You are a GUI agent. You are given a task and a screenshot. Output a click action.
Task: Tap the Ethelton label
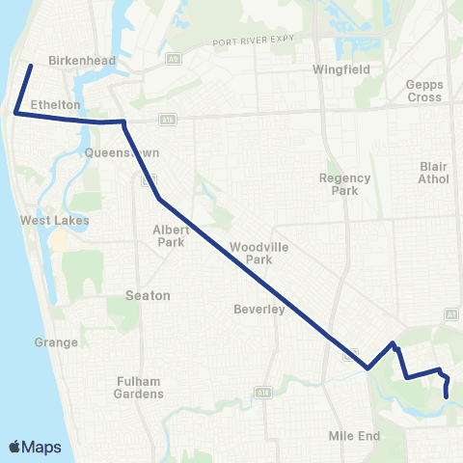click(x=54, y=104)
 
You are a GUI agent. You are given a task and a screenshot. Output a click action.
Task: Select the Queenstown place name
click(x=122, y=153)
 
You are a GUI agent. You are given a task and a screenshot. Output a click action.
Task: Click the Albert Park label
click(x=172, y=235)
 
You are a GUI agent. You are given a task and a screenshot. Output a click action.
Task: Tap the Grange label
click(x=55, y=342)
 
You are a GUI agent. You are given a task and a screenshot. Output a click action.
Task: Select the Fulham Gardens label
click(x=136, y=387)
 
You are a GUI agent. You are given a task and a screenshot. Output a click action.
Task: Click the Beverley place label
click(x=259, y=310)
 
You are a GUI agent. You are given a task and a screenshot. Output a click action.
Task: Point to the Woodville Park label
click(x=254, y=254)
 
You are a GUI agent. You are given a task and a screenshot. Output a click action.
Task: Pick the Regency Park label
click(x=339, y=184)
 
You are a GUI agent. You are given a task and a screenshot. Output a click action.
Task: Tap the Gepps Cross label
click(x=424, y=91)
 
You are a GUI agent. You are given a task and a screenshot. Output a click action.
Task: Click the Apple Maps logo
click(x=35, y=447)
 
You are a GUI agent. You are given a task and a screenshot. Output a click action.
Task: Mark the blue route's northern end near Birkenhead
click(x=31, y=66)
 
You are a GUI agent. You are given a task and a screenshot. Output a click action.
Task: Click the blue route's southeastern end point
click(x=447, y=395)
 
